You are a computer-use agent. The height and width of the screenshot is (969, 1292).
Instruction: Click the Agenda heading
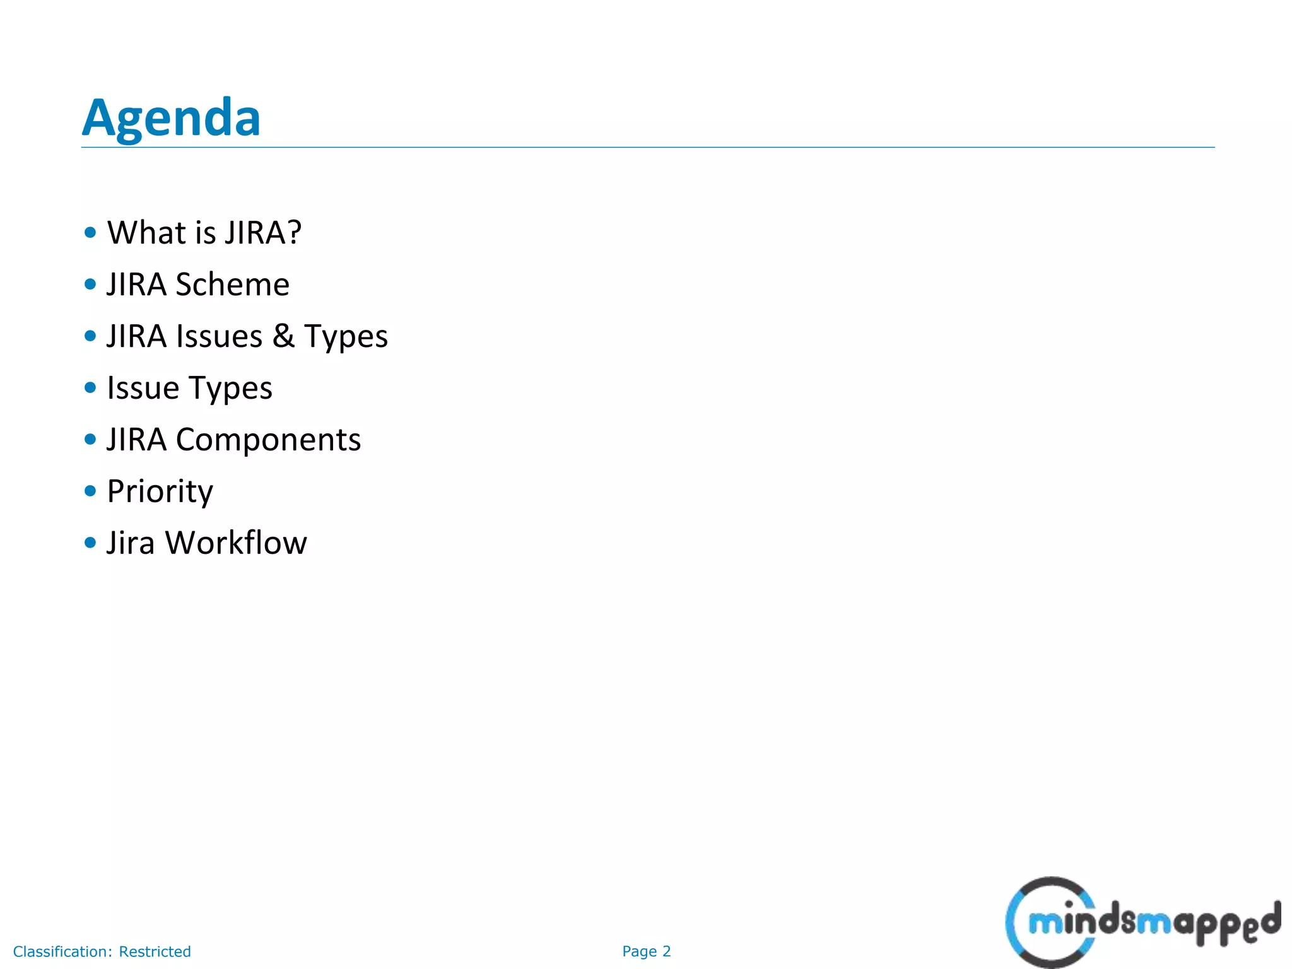[x=171, y=118]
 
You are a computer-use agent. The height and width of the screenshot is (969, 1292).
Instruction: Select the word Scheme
[x=232, y=285]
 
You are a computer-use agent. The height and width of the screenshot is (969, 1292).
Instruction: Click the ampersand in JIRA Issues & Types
[x=283, y=336]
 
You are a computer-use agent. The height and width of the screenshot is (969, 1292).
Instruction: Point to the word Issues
[x=219, y=336]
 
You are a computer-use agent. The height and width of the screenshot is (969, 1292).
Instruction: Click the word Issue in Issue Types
[x=143, y=388]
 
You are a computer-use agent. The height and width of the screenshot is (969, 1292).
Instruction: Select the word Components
[x=268, y=440]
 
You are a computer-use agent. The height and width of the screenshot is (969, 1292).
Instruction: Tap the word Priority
[x=160, y=491]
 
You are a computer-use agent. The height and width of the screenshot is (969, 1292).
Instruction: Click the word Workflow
[x=236, y=543]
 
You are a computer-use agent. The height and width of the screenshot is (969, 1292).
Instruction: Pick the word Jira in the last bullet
[x=131, y=543]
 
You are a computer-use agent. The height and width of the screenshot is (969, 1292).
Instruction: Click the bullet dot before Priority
[x=90, y=490]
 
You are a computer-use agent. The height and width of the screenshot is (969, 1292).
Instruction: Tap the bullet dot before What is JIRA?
[x=90, y=232]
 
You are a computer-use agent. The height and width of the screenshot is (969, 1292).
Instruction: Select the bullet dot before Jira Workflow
[x=90, y=542]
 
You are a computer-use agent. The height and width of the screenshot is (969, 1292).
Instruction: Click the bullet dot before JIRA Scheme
[x=90, y=284]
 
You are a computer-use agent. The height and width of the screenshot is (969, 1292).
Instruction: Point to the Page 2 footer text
[x=646, y=951]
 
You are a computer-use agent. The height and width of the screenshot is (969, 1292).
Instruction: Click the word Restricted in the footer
[x=155, y=951]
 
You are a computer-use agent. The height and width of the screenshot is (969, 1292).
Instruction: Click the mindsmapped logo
[x=1142, y=922]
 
